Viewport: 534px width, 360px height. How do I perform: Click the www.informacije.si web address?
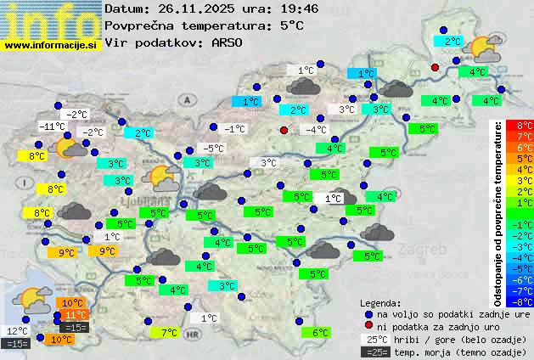pos(51,45)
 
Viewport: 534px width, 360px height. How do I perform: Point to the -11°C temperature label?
pos(52,127)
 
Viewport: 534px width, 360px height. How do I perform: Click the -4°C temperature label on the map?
pos(316,130)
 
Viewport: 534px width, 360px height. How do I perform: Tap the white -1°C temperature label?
pos(234,129)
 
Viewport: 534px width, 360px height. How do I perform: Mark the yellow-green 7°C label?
pos(168,333)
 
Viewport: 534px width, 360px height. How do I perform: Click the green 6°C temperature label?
pos(320,333)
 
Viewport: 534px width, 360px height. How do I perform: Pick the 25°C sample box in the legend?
pos(374,339)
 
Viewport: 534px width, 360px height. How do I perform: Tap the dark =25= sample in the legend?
pos(374,352)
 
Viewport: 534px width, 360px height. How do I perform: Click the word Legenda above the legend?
pos(381,303)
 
